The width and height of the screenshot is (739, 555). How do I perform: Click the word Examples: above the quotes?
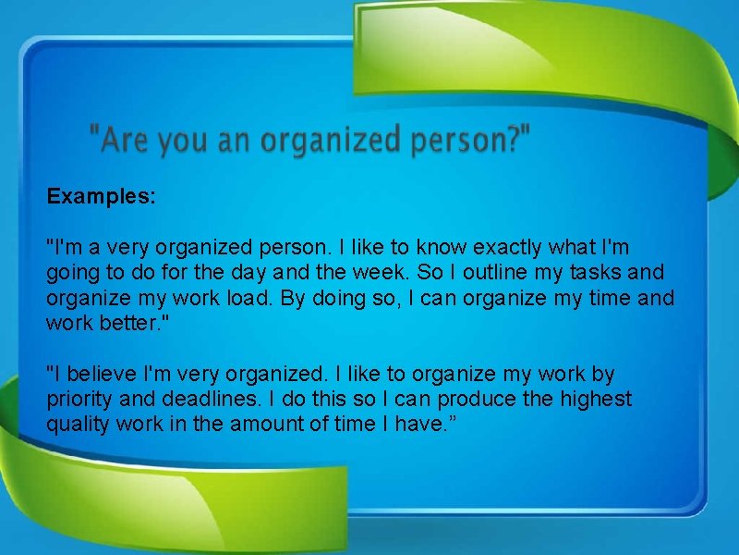pos(102,197)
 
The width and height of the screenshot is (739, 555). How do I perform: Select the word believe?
pos(97,375)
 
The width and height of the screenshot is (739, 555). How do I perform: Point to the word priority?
pos(79,400)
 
